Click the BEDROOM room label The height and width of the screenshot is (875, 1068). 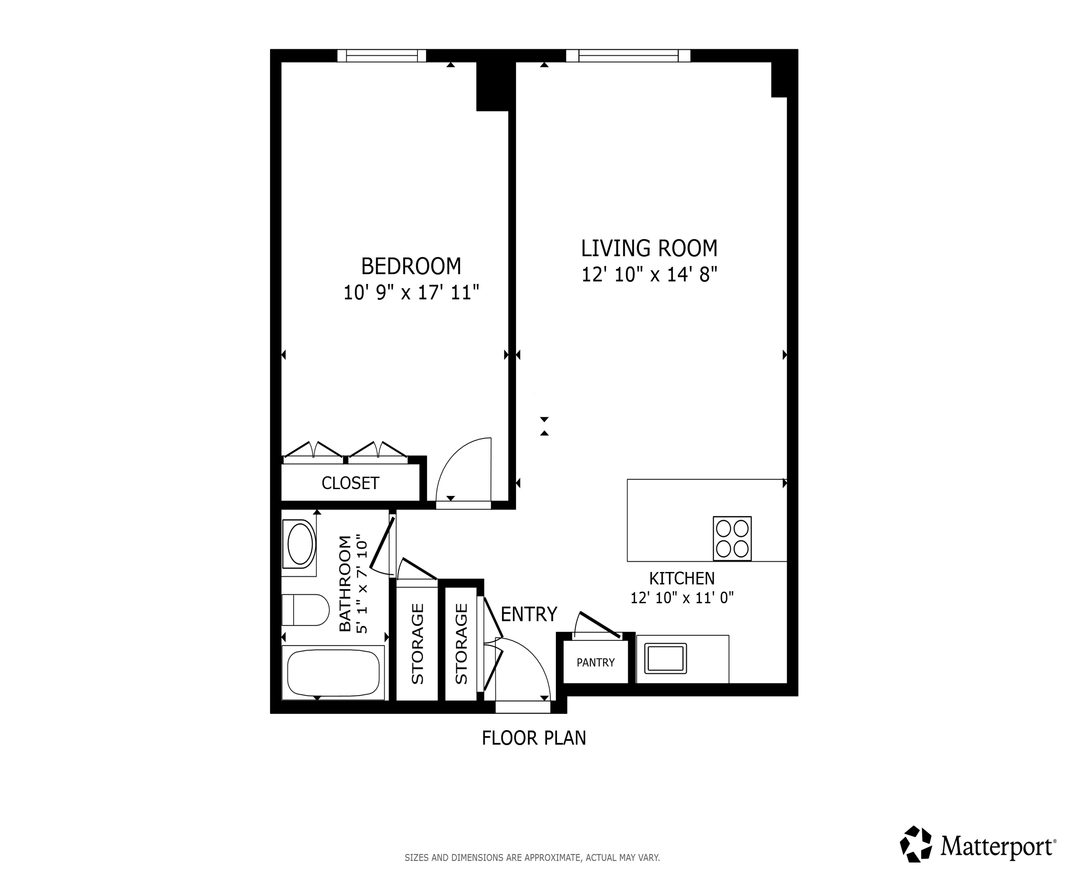pos(411,266)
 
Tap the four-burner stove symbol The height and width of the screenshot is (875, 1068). pos(732,538)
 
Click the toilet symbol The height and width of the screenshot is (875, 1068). pos(305,610)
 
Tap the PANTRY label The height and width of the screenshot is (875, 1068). pos(595,662)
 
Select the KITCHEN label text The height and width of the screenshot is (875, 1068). pos(681,578)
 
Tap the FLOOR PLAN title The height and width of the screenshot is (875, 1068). pos(534,738)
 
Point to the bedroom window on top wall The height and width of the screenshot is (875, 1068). pos(381,56)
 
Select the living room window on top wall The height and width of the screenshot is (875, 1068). pos(628,56)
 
